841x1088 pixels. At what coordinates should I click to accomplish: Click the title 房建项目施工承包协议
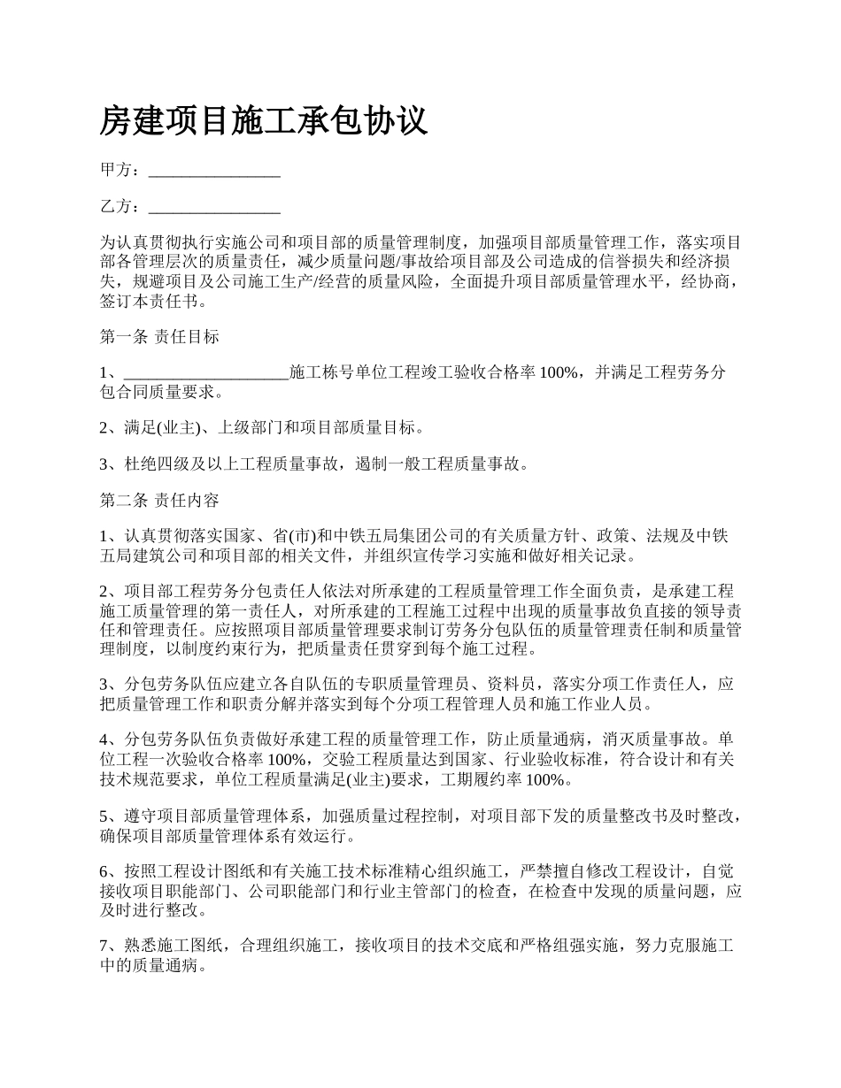[x=263, y=121]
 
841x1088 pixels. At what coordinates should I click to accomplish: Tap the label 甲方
[x=115, y=171]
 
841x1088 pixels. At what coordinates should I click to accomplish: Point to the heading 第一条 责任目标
[x=159, y=337]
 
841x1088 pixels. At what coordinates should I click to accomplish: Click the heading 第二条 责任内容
[x=159, y=501]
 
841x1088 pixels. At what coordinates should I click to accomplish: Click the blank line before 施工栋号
[x=206, y=373]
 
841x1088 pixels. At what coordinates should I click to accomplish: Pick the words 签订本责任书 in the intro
[x=148, y=301]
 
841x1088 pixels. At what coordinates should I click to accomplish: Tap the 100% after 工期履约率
[x=544, y=779]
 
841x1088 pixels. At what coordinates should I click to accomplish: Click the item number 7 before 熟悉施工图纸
[x=104, y=946]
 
